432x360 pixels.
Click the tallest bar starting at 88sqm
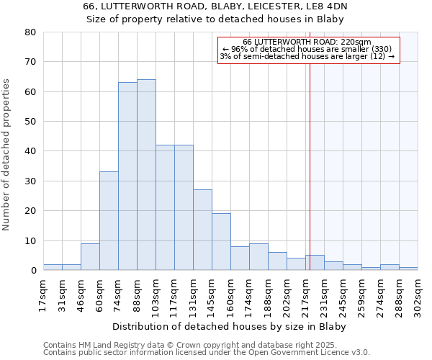point(146,175)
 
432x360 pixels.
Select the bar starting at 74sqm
point(127,176)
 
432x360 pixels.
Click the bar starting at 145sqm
point(221,242)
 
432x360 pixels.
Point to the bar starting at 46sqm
point(90,257)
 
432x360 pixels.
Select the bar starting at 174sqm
point(258,257)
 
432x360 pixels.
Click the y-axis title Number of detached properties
point(7,155)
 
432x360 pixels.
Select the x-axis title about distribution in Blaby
point(230,326)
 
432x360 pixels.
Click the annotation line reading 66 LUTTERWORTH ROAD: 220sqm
point(307,42)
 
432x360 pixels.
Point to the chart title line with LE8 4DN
point(215,6)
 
